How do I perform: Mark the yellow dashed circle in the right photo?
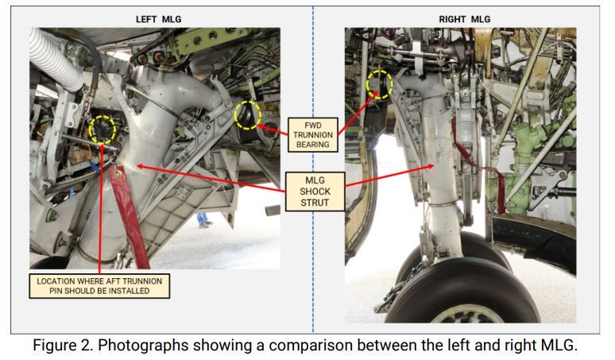379,83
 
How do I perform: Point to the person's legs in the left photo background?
205,219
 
